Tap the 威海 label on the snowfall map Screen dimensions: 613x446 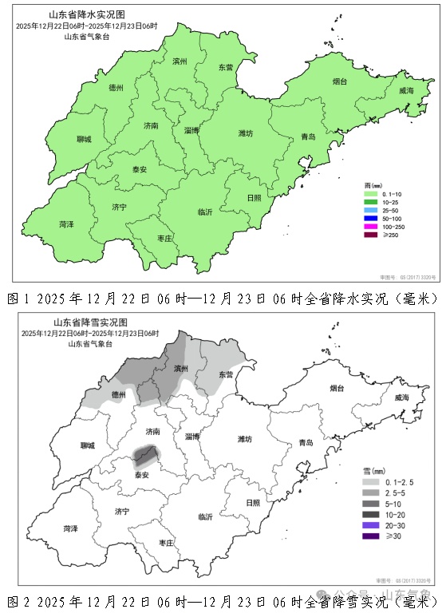[406, 91]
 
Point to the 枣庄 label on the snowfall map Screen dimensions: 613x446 [166, 542]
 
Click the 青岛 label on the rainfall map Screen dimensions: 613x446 [307, 137]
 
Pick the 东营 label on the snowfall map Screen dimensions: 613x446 [226, 374]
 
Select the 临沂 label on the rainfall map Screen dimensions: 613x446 [205, 212]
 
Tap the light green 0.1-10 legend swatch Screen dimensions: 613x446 [369, 194]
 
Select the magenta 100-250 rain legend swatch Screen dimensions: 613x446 [369, 226]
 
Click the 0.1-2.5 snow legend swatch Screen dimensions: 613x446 [369, 483]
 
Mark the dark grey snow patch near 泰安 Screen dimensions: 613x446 [144, 456]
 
